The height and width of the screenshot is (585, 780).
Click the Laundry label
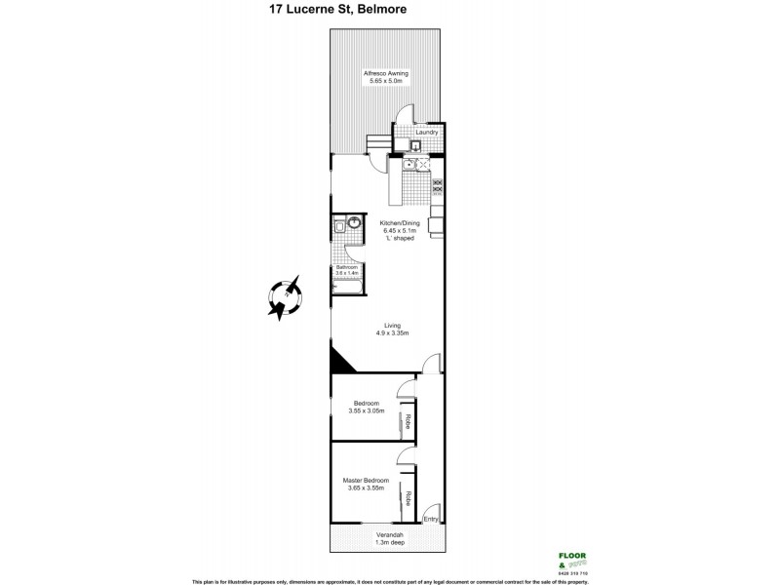pyautogui.click(x=426, y=133)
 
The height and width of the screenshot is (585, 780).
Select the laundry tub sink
pyautogui.click(x=414, y=146)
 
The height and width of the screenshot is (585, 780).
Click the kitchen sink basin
pyautogui.click(x=411, y=167)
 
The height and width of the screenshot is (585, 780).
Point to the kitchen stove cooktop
pyautogui.click(x=437, y=186)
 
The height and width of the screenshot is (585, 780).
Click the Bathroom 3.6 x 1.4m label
pyautogui.click(x=347, y=270)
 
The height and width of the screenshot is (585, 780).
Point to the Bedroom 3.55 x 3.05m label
pyautogui.click(x=367, y=408)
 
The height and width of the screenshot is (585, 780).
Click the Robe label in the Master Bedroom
pyautogui.click(x=409, y=496)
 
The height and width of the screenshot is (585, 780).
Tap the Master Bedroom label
pyautogui.click(x=366, y=485)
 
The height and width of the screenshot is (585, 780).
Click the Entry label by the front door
pyautogui.click(x=429, y=520)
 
